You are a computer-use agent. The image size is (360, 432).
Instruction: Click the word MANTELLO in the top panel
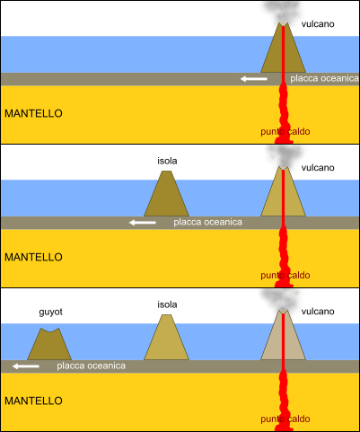[33, 113]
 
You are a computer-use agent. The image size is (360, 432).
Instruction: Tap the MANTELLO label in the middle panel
[33, 257]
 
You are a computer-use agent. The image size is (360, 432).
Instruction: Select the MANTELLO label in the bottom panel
[33, 401]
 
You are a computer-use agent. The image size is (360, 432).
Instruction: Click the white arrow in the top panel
[254, 79]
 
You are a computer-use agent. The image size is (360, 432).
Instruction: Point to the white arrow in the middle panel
[143, 223]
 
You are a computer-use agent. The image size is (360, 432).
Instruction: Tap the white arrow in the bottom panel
[26, 366]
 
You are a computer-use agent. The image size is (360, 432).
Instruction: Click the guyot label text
[51, 312]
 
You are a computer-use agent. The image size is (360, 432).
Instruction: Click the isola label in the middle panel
[167, 161]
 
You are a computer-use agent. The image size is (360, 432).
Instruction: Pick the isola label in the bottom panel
[167, 304]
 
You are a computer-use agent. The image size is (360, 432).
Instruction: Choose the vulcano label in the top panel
[318, 24]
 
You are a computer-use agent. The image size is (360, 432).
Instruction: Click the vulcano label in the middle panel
[318, 168]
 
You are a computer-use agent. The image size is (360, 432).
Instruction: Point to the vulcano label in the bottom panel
[318, 312]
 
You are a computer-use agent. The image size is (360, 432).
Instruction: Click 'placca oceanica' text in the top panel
[324, 78]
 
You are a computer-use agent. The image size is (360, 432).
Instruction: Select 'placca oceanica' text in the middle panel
[208, 222]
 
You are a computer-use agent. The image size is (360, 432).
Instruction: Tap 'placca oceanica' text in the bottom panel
[92, 366]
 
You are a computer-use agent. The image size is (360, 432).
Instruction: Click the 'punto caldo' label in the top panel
[285, 132]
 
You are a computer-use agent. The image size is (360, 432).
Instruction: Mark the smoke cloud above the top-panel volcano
[281, 12]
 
